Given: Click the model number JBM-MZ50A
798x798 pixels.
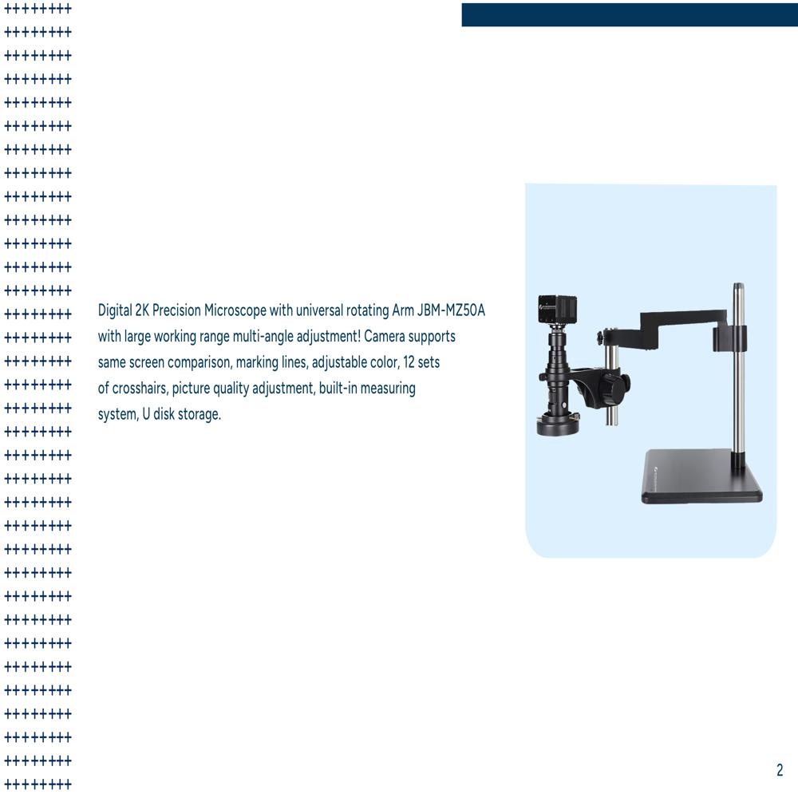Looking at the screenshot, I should (451, 310).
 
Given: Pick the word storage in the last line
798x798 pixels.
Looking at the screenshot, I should (195, 415).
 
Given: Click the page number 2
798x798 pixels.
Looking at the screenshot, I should (780, 770).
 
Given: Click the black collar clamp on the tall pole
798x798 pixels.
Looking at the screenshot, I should (729, 337).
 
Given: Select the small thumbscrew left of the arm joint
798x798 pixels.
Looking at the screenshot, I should (599, 338).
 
